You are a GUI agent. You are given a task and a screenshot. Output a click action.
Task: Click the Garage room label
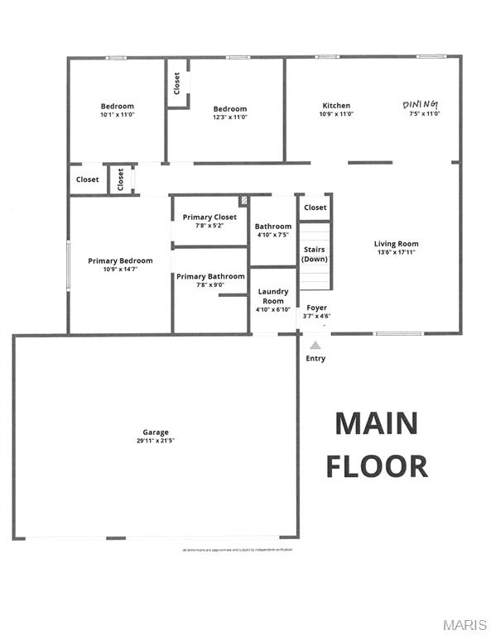pos(156,432)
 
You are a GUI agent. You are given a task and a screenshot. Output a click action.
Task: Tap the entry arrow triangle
pos(315,345)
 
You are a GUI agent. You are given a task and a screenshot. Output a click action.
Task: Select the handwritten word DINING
pos(421,104)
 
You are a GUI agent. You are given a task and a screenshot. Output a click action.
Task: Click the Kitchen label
pos(336,106)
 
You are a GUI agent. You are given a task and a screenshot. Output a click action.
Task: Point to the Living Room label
pos(396,244)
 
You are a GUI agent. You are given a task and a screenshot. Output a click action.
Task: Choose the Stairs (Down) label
pos(315,254)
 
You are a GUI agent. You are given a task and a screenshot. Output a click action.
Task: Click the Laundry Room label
pos(273,296)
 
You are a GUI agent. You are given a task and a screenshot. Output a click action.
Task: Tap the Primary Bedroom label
pos(120,261)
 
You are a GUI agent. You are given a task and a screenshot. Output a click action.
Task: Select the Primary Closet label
pos(209,217)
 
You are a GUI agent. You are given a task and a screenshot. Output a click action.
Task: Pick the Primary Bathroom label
pos(210,276)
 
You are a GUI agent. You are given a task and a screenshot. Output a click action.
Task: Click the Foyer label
pos(317,308)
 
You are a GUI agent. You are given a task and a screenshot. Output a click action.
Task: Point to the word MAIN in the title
pos(376,423)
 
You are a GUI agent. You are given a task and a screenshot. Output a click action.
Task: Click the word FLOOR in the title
pos(377,466)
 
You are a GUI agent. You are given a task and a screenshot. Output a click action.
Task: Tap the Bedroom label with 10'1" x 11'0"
pos(118,107)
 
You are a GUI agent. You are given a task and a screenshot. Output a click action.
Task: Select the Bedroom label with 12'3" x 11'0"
pos(229,109)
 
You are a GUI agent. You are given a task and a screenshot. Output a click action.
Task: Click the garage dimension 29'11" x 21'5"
pos(156,441)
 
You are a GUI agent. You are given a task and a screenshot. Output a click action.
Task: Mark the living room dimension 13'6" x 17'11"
pos(396,253)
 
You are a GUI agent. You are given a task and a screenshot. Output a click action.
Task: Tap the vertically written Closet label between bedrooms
pos(176,83)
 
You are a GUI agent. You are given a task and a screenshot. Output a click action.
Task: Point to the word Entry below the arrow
pos(315,359)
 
